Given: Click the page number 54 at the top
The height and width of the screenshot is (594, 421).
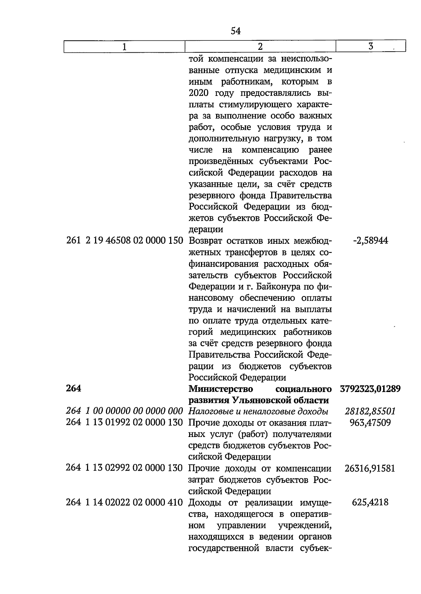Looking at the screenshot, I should click(x=236, y=31).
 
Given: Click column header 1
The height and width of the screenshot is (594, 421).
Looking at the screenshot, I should click(x=124, y=47).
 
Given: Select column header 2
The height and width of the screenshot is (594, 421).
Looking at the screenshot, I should click(x=260, y=47).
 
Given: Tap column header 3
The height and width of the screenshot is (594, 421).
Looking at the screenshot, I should click(x=370, y=46).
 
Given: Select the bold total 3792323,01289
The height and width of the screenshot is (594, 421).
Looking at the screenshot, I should click(x=370, y=389).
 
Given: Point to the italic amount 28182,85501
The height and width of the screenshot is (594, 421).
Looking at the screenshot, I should click(x=370, y=411).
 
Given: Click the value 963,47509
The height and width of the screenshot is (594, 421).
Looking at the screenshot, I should click(x=370, y=422).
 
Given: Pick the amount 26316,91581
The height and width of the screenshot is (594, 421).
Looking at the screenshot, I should click(x=370, y=468).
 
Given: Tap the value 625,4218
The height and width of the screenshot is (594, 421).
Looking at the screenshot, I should click(x=370, y=502).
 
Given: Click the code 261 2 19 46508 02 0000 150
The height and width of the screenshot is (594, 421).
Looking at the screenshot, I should click(x=125, y=241).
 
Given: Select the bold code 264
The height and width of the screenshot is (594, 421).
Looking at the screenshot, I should click(x=73, y=389).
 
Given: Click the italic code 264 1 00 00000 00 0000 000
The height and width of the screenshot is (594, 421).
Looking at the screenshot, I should click(x=125, y=411).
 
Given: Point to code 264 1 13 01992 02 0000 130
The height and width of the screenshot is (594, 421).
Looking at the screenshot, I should click(x=125, y=422).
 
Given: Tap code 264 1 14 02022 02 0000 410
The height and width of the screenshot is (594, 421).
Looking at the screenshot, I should click(x=125, y=502).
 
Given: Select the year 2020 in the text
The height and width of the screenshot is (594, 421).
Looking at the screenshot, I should click(x=199, y=93).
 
